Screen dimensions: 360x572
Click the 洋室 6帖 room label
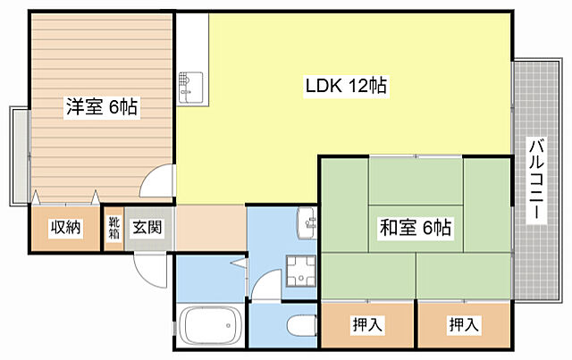pos(100,108)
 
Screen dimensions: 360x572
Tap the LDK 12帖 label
pos(344,87)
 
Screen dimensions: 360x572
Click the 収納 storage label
pos(65,228)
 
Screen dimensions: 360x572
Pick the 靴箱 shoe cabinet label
pos(114,228)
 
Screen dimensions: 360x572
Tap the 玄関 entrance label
pos(147,228)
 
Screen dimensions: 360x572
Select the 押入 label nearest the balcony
pos(462,324)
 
